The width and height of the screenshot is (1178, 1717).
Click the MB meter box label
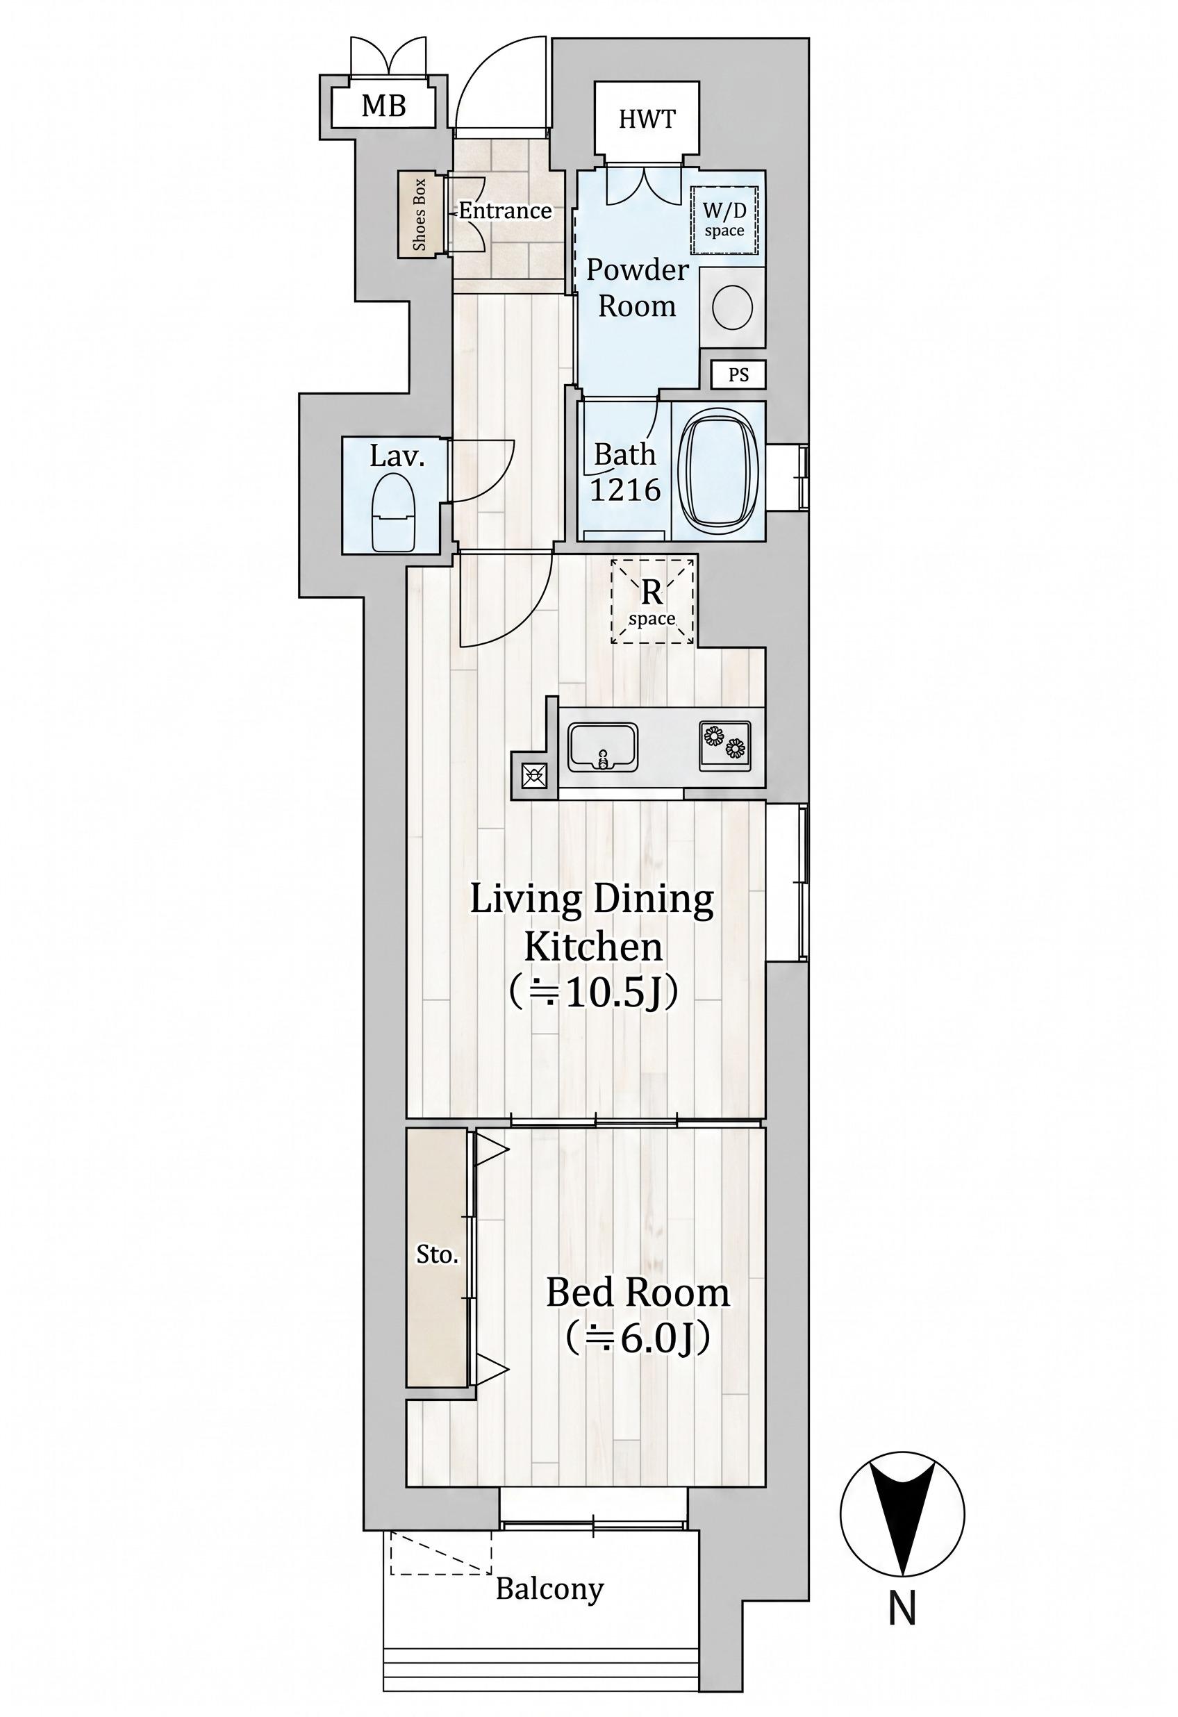pos(383,106)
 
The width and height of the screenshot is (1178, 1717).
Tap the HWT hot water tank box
pos(647,119)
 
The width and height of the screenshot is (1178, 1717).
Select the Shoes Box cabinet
pos(420,214)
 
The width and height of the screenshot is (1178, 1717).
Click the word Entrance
pos(506,211)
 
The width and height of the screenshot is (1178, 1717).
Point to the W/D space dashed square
pos(724,219)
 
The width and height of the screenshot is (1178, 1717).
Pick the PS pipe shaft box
pos(738,374)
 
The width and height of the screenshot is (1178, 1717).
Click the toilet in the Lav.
pos(394,512)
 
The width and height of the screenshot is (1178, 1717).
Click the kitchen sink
pos(602,747)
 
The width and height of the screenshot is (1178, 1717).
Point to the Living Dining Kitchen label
pos(592,924)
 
